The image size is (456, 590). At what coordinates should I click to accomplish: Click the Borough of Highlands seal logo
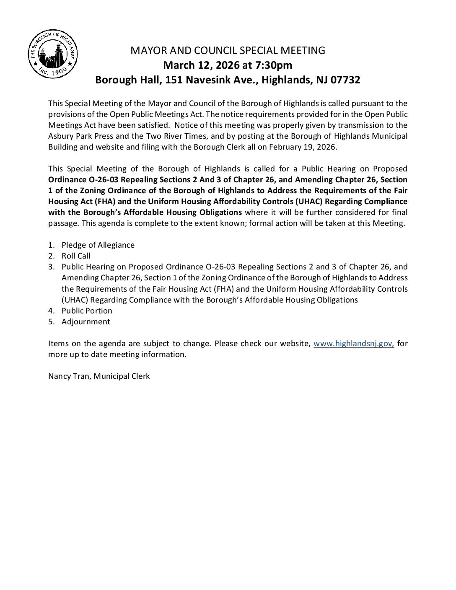pos(53,54)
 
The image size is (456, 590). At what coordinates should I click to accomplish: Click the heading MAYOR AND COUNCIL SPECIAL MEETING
pos(228,51)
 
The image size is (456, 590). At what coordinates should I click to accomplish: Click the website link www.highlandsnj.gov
pos(354,344)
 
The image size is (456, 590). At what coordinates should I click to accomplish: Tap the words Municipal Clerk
pos(122,376)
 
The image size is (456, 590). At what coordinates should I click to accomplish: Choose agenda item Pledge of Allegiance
pos(98,245)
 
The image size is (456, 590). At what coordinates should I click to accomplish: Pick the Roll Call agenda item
pos(76,256)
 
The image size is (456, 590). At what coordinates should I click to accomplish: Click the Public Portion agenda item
pos(87,311)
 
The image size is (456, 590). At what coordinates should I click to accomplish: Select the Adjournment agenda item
pos(85,322)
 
